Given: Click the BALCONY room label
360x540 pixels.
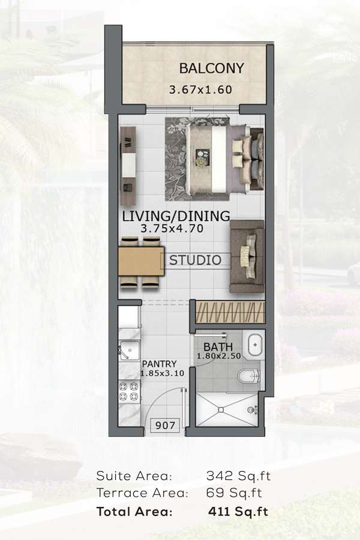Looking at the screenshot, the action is (212, 68).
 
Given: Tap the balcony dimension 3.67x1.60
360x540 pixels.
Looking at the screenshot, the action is (200, 90).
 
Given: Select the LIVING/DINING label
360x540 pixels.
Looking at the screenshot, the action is (176, 216).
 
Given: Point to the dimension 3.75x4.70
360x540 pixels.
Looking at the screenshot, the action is (172, 228).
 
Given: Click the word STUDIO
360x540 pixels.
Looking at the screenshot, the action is (196, 260).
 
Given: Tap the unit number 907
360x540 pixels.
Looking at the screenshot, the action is (165, 425).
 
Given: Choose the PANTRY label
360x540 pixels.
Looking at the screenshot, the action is (159, 364).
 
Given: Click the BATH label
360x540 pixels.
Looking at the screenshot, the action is (218, 347).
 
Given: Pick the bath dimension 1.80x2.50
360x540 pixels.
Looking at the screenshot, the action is (219, 356).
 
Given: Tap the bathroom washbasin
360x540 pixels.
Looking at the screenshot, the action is (254, 344).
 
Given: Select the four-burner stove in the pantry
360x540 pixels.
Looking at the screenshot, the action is (129, 392).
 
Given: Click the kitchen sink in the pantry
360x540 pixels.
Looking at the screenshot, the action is (129, 350).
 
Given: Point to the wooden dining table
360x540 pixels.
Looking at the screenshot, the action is (141, 261).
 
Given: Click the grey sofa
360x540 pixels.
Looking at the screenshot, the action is (247, 257).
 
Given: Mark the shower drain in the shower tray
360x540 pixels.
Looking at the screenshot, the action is (220, 409).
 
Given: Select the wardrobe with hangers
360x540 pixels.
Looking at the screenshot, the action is (230, 312).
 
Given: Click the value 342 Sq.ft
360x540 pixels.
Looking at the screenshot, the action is (238, 476).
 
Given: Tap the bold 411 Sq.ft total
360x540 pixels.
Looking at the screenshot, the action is (238, 511).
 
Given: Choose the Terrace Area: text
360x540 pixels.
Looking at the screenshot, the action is (142, 493).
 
